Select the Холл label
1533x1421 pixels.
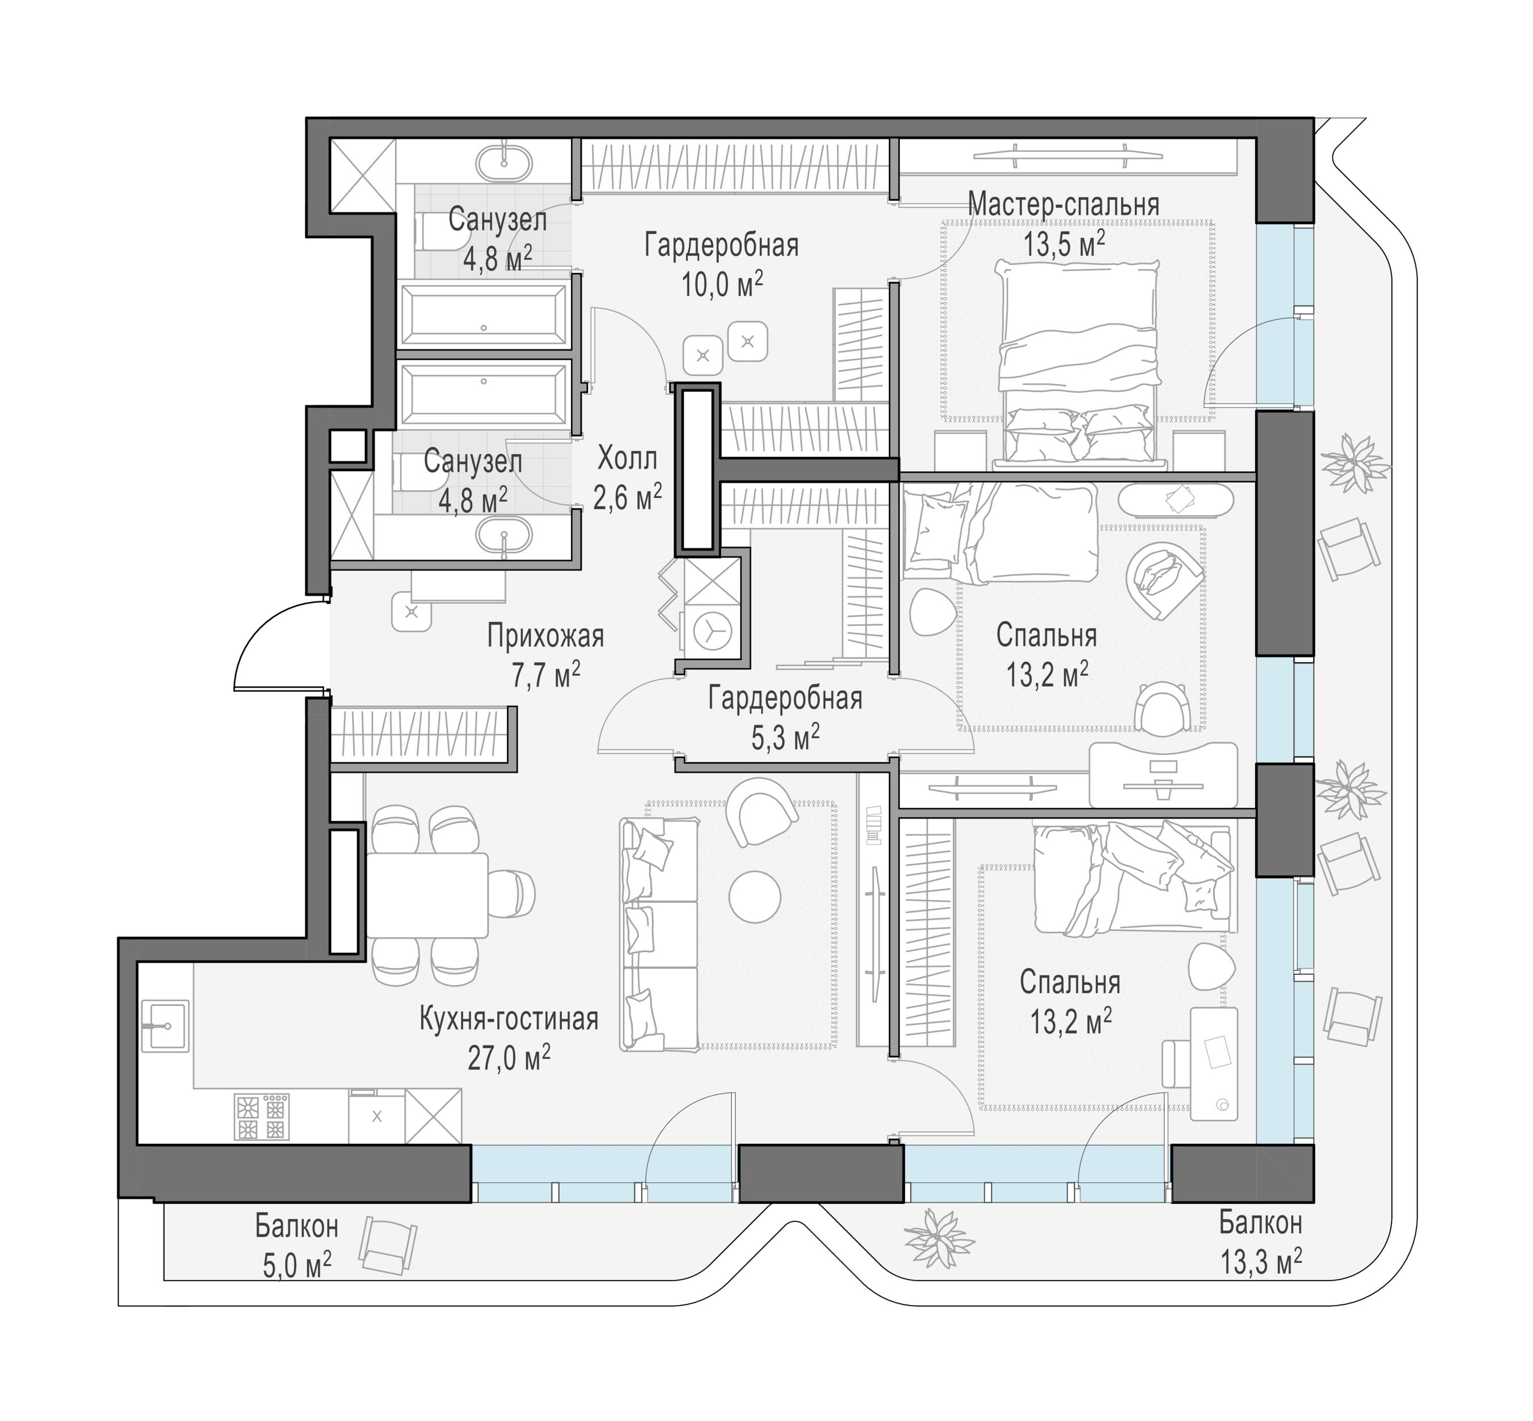pos(627,459)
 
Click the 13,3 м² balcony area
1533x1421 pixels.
pos(1261,1262)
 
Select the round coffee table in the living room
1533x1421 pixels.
pos(755,896)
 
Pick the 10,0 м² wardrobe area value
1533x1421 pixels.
pos(722,285)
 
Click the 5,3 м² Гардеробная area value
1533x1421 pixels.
pos(785,738)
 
